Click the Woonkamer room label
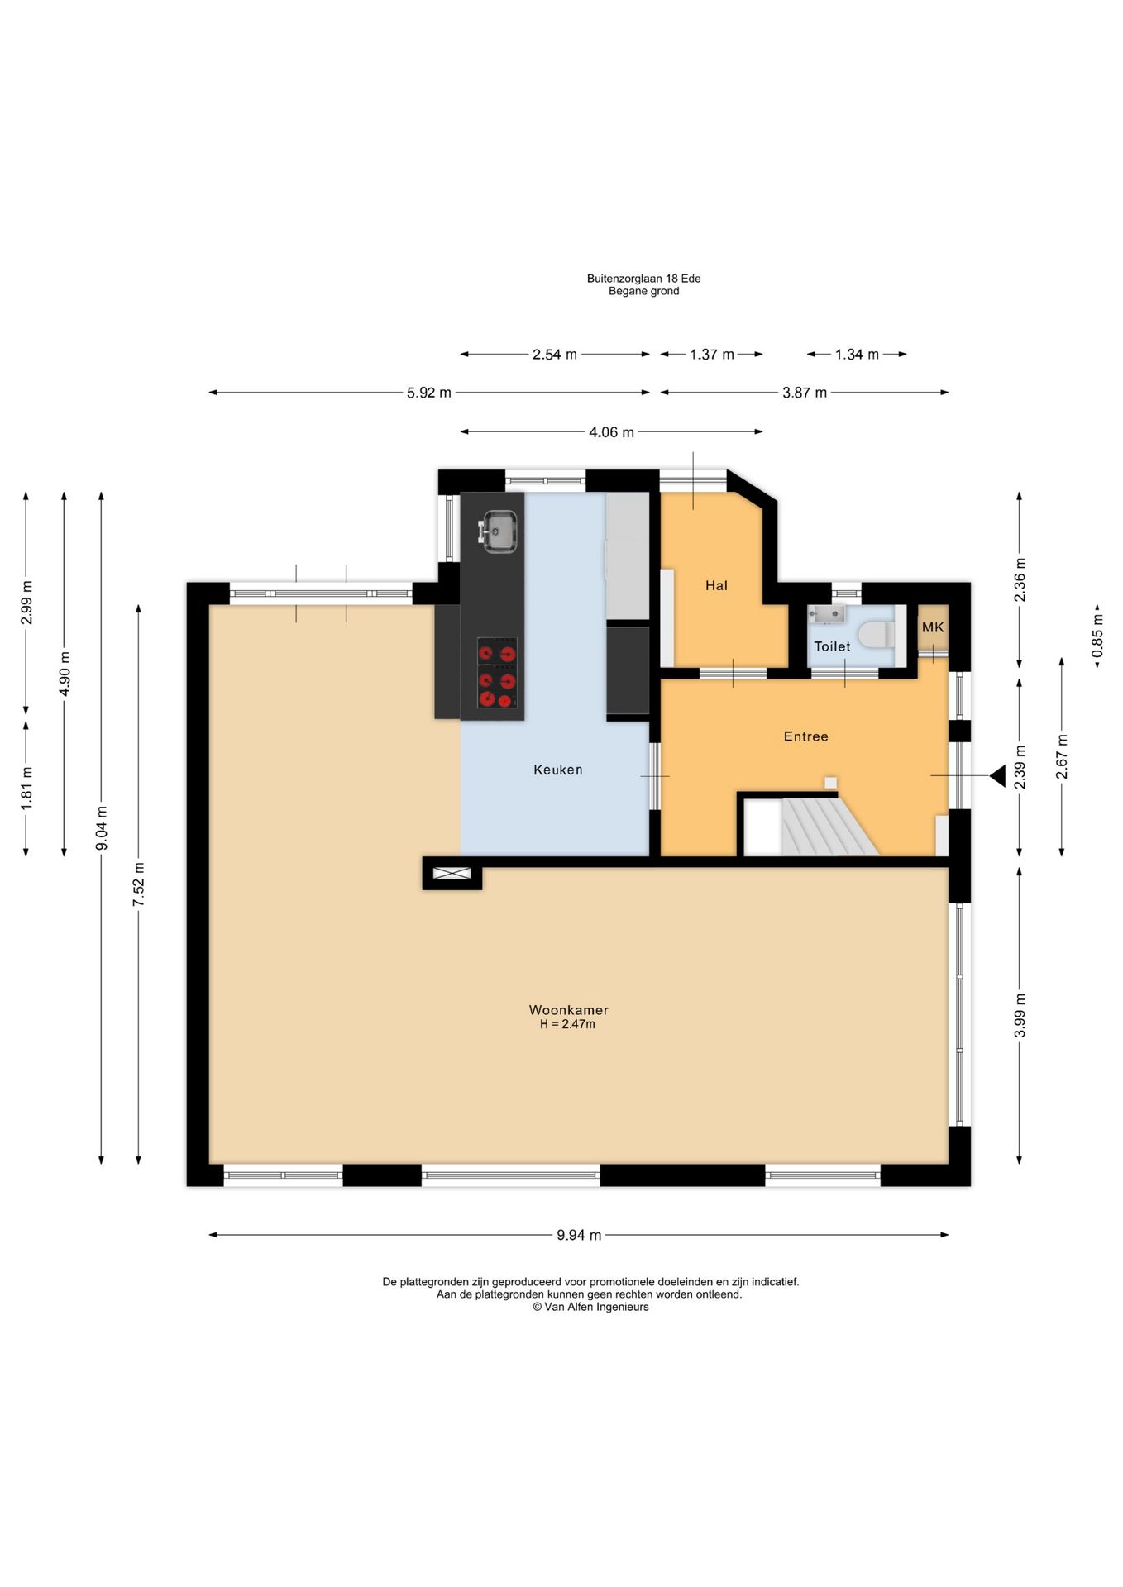click(568, 1009)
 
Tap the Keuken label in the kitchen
click(558, 770)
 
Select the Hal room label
click(716, 585)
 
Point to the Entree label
click(805, 736)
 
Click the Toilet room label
click(832, 646)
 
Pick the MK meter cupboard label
click(933, 627)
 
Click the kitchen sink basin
click(499, 531)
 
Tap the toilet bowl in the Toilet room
click(877, 635)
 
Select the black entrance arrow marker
click(997, 775)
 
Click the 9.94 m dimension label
click(579, 1235)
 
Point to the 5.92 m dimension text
click(429, 393)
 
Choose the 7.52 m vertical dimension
click(139, 884)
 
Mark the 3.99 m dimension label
click(1020, 1015)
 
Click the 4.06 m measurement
click(612, 431)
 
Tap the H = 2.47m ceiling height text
click(568, 1024)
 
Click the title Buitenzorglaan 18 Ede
click(644, 279)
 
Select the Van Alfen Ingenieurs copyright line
click(590, 1307)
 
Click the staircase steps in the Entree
click(828, 827)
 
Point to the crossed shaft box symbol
click(452, 874)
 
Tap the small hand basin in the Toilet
click(826, 613)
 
